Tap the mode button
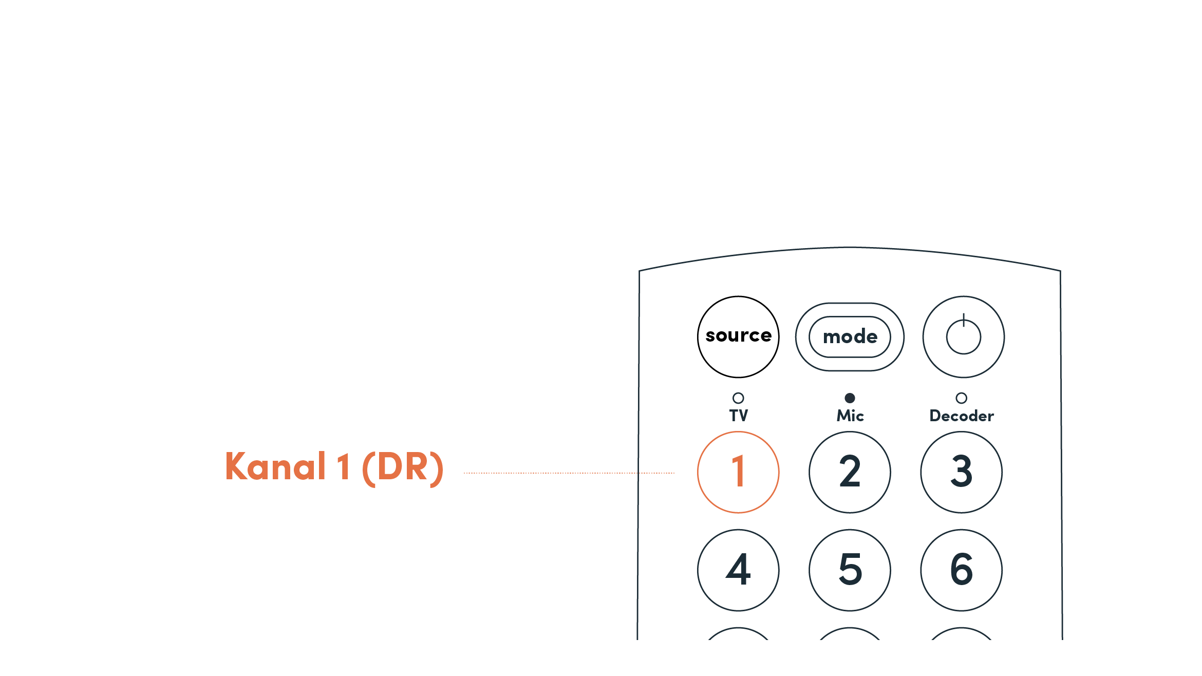(x=850, y=337)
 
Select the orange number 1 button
(x=738, y=472)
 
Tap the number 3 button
(x=961, y=472)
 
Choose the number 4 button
(x=738, y=570)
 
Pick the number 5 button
(x=850, y=570)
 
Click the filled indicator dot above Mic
(x=850, y=398)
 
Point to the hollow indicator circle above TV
(x=738, y=398)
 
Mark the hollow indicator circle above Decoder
(x=961, y=398)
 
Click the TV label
(x=739, y=416)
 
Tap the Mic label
(x=850, y=416)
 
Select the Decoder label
(x=962, y=416)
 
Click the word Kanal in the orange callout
(x=275, y=467)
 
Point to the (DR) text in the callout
(x=403, y=468)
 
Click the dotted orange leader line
(x=569, y=473)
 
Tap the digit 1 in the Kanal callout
(x=344, y=467)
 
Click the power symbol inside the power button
(x=963, y=336)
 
